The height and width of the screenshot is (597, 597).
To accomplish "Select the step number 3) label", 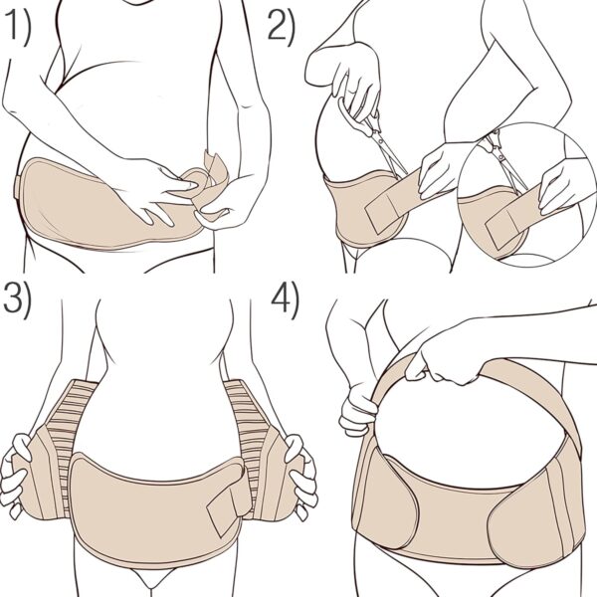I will click(19, 299).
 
